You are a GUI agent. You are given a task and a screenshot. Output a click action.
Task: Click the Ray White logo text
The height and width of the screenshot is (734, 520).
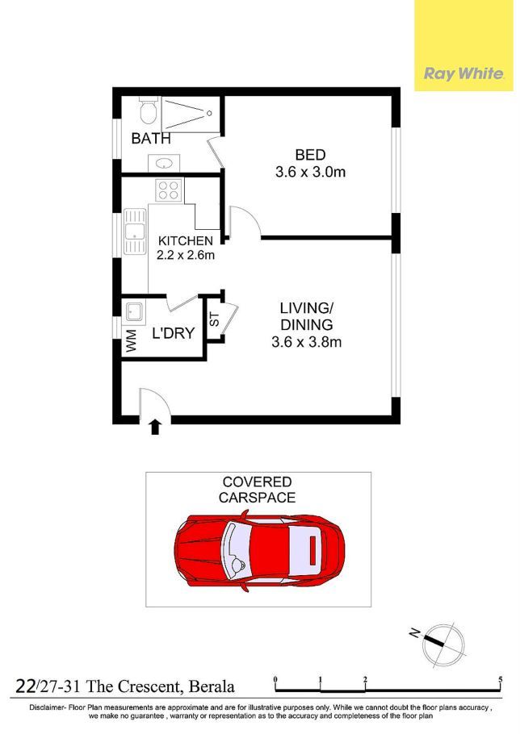463,73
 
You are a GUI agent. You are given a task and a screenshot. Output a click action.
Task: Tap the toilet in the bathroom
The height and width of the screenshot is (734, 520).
149,111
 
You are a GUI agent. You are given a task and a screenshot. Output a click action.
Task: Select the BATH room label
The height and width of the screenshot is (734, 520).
151,139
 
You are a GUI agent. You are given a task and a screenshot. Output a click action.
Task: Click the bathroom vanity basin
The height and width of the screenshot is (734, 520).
164,164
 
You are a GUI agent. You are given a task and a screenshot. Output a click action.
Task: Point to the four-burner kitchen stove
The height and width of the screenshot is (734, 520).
169,190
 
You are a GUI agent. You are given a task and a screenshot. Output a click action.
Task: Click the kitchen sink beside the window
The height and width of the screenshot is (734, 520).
135,231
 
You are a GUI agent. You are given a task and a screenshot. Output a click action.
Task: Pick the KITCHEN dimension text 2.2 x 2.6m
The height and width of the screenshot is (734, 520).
186,255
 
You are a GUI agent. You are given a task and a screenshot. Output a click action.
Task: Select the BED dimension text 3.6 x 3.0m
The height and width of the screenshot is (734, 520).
311,172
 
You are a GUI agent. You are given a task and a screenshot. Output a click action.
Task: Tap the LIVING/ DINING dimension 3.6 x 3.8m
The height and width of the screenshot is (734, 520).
306,342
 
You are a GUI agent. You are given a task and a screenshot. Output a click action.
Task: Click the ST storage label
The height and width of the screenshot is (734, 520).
214,319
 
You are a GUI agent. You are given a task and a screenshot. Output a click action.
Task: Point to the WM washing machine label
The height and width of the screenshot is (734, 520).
132,340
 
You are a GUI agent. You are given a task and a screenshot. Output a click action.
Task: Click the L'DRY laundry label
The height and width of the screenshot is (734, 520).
174,333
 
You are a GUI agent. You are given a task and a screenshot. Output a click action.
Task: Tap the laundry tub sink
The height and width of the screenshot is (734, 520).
135,311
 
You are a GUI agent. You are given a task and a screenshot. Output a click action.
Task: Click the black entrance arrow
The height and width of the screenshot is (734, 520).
155,427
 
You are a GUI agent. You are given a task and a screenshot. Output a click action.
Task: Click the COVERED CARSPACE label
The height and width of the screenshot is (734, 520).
258,490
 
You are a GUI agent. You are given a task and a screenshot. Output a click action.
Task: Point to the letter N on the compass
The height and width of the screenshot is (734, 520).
414,633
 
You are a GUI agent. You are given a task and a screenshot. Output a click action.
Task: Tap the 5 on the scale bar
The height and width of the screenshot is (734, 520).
501,680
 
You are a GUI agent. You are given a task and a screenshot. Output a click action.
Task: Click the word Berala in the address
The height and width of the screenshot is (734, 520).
212,686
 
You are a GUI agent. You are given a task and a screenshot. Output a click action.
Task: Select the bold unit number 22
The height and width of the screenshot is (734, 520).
25,686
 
